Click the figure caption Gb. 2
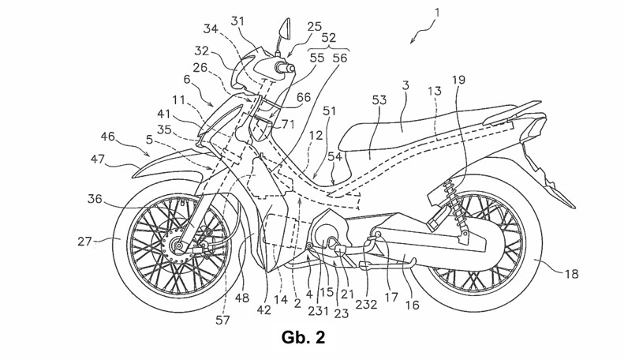[303, 338]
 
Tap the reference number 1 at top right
[437, 13]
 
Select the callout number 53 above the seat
[379, 100]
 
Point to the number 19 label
[458, 80]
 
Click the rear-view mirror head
[285, 28]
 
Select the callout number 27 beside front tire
[84, 242]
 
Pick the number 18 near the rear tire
[571, 274]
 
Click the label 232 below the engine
[366, 305]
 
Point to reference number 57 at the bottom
[222, 320]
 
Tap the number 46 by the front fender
[107, 137]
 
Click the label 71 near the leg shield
[287, 124]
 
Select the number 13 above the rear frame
[435, 92]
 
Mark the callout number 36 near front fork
[95, 198]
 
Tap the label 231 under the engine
[318, 310]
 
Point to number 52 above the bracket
[329, 38]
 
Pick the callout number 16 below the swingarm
[413, 305]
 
